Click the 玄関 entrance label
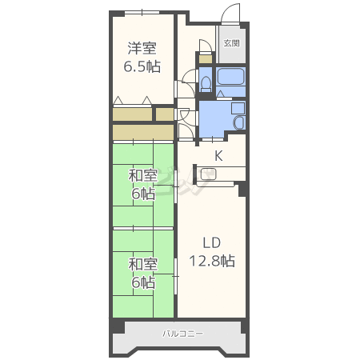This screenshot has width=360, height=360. coord(231,43)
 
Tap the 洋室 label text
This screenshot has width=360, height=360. coord(142,48)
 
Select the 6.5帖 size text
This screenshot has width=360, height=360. coord(142,66)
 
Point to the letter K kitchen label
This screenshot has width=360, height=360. coord(218,155)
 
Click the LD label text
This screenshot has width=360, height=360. coord(212,243)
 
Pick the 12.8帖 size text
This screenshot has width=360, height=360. coord(212,261)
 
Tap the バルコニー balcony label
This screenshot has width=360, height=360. coord(183,334)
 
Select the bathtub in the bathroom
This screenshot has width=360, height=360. coord(230,76)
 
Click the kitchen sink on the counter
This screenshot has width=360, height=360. coord(208,174)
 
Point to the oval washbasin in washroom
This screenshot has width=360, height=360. coord(239,122)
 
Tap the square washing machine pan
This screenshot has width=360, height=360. coord(238,108)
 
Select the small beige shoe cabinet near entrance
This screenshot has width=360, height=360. coord(206,59)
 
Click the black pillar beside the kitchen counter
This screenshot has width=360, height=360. coord(242,189)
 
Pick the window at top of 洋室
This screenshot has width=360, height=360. coord(142,12)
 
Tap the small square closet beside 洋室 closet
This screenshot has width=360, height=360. coord(165,114)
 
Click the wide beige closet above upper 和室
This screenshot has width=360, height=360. coord(143,132)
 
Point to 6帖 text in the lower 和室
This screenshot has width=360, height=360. coord(143,282)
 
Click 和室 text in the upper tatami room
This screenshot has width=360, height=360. coord(143,176)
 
